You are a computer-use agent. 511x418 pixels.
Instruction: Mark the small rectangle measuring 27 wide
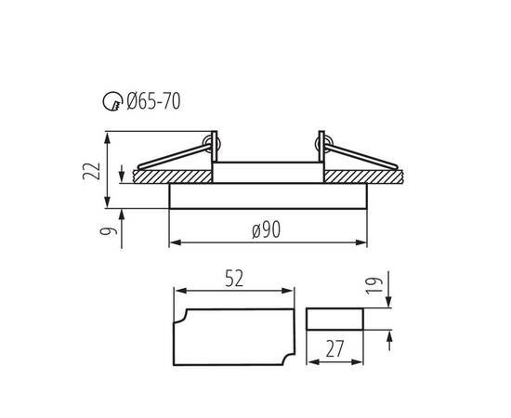click(335, 318)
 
